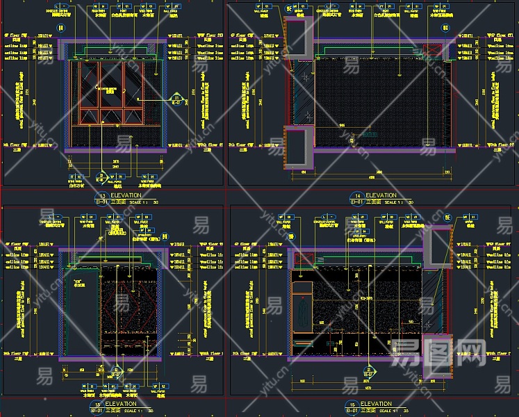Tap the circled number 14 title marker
click(x=357, y=197)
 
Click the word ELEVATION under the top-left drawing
click(x=126, y=195)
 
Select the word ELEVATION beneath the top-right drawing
click(x=381, y=195)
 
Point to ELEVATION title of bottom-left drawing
click(x=126, y=404)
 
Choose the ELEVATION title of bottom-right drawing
click(x=376, y=404)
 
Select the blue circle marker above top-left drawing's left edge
click(x=60, y=28)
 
